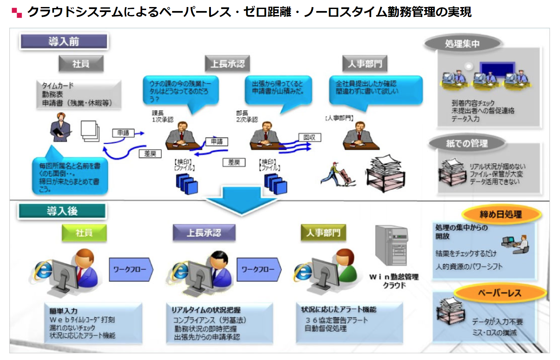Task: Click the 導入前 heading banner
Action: pos(64,41)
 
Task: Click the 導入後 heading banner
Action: pos(62,211)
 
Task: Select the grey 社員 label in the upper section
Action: pos(81,63)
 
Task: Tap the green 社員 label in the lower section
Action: pos(84,233)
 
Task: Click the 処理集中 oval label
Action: pos(462,43)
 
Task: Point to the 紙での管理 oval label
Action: pos(467,143)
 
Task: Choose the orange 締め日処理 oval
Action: pos(501,214)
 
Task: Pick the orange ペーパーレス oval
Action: pos(500,293)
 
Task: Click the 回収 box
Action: pos(309,137)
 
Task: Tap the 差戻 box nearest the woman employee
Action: pos(150,153)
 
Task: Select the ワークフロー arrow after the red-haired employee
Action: pos(130,269)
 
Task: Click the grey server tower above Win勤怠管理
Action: pos(391,245)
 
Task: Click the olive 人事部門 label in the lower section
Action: pos(323,233)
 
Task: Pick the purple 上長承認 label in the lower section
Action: pos(204,233)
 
